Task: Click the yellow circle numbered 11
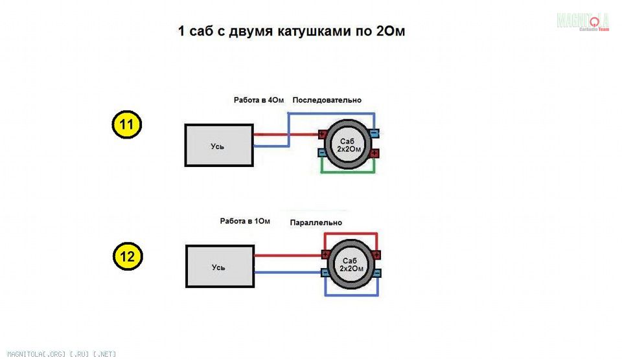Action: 126,124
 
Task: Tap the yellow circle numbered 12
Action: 128,256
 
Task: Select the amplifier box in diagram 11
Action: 219,145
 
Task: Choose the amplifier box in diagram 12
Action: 220,266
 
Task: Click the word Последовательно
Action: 327,100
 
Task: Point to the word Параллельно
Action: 316,223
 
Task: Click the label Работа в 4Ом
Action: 259,100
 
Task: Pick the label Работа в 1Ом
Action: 245,221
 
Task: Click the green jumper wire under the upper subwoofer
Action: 348,172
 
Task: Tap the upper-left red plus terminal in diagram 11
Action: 323,135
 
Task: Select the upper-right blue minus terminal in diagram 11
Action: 374,133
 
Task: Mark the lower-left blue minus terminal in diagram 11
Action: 323,153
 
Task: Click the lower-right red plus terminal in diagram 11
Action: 374,153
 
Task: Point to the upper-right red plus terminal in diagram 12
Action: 376,254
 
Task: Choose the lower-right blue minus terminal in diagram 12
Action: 376,273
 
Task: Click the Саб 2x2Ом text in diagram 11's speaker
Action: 349,145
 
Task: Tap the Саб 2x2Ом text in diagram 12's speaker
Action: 351,264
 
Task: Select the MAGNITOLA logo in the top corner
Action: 582,21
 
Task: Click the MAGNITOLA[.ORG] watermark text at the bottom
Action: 62,354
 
